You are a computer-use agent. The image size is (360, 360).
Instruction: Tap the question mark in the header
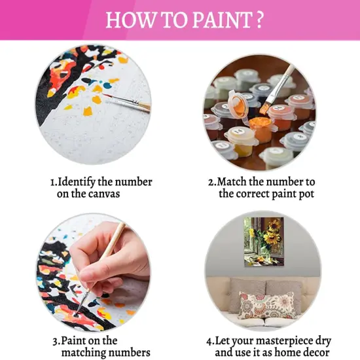[259, 20]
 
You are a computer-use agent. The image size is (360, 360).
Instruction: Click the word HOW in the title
[128, 20]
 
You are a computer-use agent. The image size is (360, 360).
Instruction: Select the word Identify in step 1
[81, 181]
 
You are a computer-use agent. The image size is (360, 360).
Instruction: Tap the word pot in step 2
[304, 194]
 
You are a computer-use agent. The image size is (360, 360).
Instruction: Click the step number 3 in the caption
[55, 341]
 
